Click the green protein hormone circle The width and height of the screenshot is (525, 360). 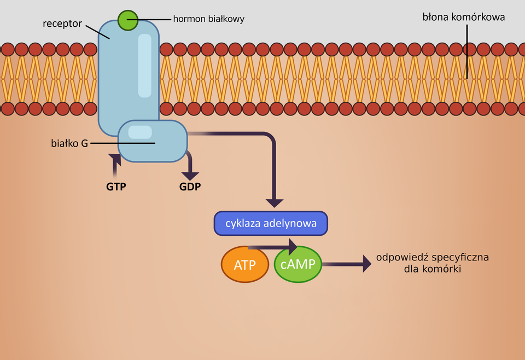point(127,20)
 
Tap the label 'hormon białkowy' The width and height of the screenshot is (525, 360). point(208,19)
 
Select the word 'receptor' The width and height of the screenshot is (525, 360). point(62,24)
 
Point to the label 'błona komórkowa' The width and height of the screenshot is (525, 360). point(463,17)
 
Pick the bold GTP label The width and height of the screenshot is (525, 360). point(116,187)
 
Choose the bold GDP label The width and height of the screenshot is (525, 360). point(190,187)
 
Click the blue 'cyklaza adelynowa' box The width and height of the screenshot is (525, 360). point(271,223)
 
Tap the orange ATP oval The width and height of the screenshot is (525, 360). point(245,265)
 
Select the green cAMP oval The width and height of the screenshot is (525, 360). point(297,264)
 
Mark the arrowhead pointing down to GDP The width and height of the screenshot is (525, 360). point(190,176)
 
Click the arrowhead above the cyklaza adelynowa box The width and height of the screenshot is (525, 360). point(274,203)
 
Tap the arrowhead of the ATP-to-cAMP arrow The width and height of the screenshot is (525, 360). point(292,247)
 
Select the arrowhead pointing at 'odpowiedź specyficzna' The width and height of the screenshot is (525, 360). point(366,264)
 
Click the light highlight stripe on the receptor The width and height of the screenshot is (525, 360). point(145,66)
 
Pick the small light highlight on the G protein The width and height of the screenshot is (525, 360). point(140,132)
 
